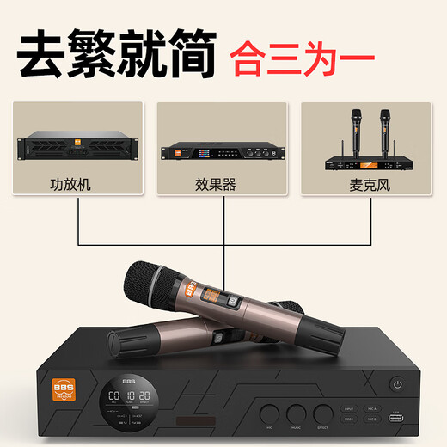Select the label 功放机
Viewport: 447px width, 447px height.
point(77,184)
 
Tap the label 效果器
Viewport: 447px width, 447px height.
point(222,184)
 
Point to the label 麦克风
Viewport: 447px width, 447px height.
point(366,184)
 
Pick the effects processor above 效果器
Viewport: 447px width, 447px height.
point(222,151)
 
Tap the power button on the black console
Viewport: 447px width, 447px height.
point(398,383)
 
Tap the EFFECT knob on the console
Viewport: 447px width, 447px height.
point(323,413)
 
